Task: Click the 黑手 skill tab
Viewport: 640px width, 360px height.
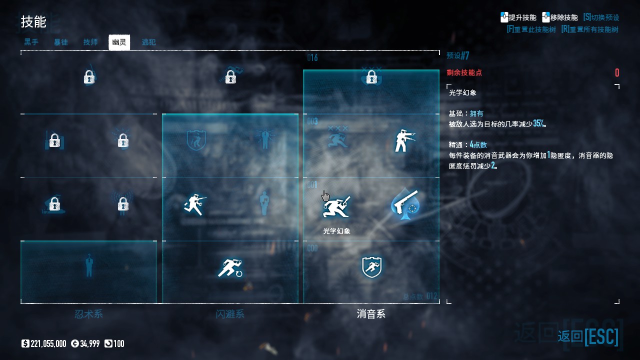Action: (31, 42)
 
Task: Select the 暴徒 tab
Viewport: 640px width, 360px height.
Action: (61, 42)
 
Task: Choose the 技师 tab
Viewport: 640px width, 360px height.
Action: (90, 42)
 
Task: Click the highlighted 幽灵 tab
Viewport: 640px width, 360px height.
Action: (119, 42)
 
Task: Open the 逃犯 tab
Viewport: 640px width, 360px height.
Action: (148, 42)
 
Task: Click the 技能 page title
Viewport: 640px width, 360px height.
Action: (33, 21)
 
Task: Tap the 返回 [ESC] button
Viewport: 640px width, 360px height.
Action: (588, 336)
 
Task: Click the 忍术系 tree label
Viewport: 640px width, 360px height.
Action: (88, 314)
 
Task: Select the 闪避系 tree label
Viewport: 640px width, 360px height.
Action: (230, 314)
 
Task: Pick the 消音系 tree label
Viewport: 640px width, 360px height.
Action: (371, 314)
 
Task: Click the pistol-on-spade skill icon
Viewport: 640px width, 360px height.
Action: (405, 204)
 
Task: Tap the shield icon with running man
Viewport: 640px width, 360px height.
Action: (371, 267)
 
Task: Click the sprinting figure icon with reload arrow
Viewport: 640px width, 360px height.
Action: (230, 267)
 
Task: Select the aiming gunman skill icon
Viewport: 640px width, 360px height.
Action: (404, 141)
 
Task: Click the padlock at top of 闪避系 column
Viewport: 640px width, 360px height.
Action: (230, 77)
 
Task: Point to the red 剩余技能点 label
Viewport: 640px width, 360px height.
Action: (464, 72)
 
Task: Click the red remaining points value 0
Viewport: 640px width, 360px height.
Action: (617, 73)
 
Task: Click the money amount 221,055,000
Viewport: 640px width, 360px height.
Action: (48, 343)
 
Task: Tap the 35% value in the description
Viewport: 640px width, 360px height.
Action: (538, 123)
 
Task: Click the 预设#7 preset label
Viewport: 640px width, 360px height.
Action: (458, 55)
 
